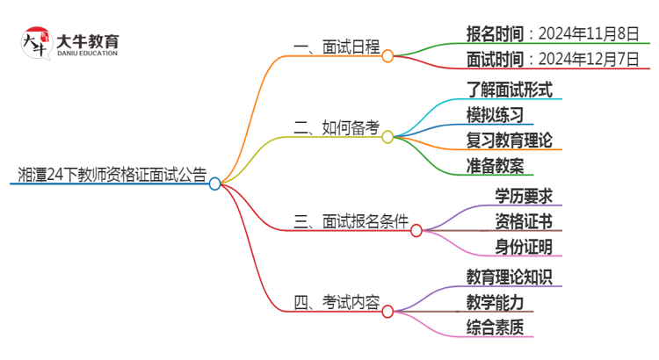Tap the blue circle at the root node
(214, 184)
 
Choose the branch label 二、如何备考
(337, 128)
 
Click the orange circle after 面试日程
(387, 55)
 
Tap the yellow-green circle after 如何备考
(387, 137)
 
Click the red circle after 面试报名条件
(416, 231)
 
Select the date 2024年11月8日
(589, 33)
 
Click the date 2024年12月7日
(589, 60)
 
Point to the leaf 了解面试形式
(510, 89)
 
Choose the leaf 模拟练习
(496, 114)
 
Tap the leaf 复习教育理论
(510, 140)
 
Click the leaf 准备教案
(496, 165)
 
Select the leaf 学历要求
(524, 195)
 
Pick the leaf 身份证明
(524, 246)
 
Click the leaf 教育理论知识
(510, 277)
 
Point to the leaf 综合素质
(496, 328)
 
